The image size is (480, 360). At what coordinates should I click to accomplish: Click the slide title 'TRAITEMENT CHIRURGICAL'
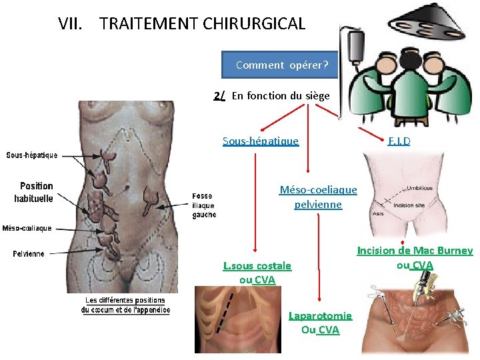[x=202, y=24]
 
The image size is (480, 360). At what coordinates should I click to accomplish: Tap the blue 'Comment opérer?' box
[x=281, y=65]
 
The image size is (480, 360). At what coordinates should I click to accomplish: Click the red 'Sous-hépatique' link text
[x=260, y=141]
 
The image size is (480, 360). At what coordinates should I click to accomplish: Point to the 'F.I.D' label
[x=399, y=141]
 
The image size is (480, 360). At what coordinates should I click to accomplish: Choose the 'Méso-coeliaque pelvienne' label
[x=318, y=197]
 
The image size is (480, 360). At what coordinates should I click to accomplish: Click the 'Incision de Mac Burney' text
[x=415, y=251]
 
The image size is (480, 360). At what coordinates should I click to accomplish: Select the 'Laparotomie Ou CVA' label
[x=320, y=322]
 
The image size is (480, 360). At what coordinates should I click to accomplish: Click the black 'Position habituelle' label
[x=36, y=192]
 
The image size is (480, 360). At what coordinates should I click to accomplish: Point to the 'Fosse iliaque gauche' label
[x=203, y=205]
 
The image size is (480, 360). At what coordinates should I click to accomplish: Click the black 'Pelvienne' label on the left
[x=29, y=253]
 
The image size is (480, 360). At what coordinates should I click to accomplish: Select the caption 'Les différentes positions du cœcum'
[x=125, y=305]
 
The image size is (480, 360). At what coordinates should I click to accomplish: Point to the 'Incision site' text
[x=409, y=205]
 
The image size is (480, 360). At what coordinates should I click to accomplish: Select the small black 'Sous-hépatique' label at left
[x=32, y=155]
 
